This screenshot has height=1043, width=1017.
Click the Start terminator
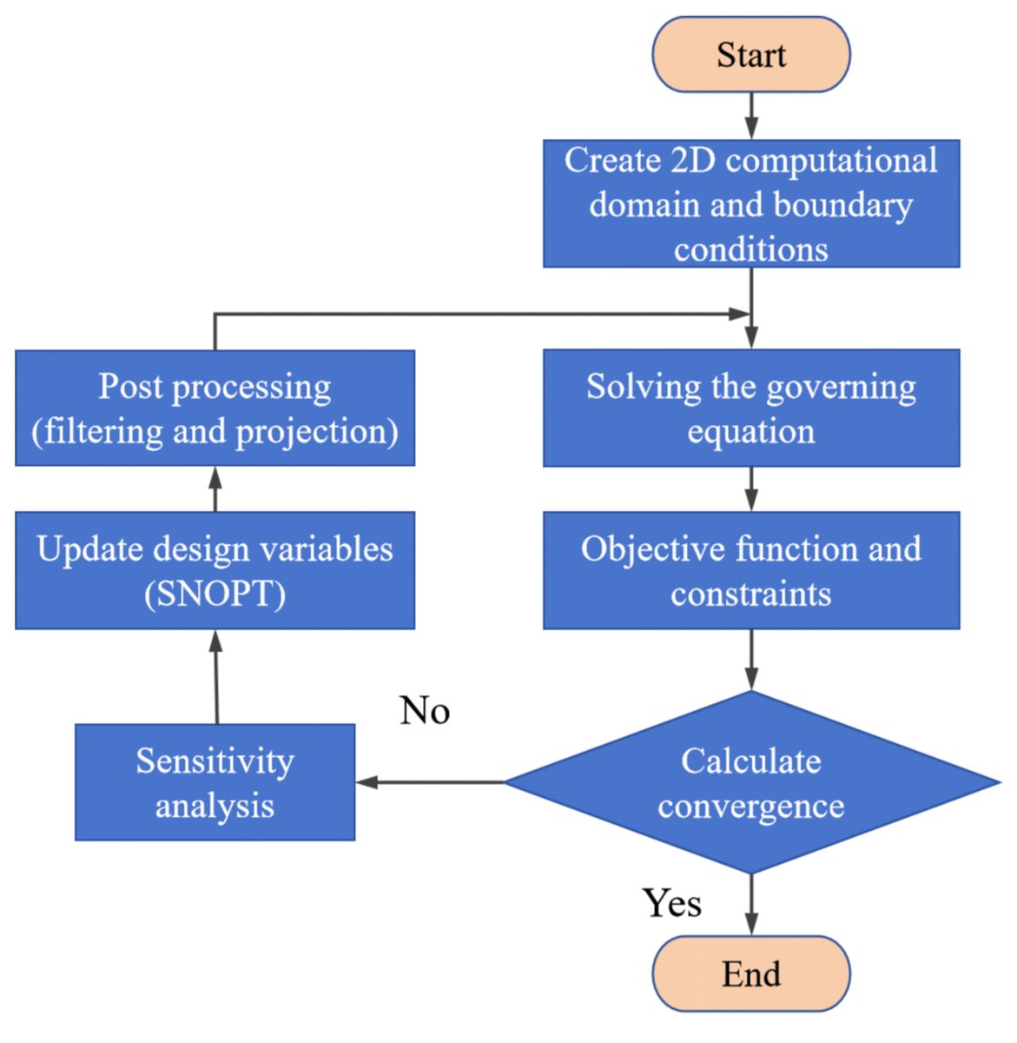(751, 54)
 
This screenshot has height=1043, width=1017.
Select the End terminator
(751, 973)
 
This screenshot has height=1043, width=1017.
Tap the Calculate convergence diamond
(752, 782)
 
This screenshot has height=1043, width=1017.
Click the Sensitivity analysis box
(215, 782)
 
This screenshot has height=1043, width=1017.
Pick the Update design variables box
(215, 570)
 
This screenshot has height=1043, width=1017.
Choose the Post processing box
(215, 408)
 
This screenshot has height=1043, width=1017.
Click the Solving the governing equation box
(751, 408)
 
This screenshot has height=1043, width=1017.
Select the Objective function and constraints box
(751, 570)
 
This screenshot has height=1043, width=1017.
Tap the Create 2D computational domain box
(751, 203)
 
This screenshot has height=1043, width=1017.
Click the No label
(425, 711)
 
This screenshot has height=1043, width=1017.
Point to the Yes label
(671, 902)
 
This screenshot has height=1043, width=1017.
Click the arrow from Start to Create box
(751, 116)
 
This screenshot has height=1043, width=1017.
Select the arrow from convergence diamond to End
(751, 906)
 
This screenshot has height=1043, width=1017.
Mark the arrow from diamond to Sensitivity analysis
(430, 782)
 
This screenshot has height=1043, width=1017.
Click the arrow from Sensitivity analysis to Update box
(216, 676)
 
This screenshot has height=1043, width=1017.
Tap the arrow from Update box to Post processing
(215, 488)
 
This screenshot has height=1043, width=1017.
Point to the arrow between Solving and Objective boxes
(751, 488)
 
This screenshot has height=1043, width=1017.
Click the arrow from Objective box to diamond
(751, 660)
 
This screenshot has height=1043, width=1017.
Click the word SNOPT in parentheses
(215, 594)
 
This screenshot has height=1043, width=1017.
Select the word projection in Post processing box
(312, 432)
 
